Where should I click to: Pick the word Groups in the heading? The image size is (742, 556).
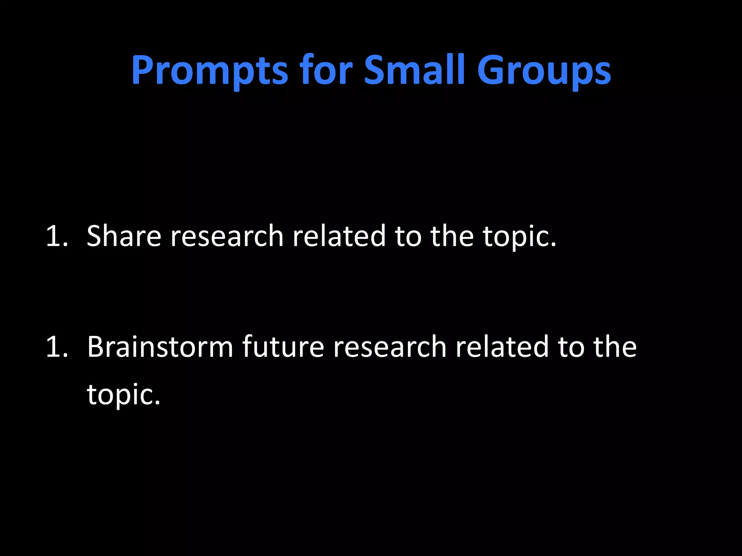544,71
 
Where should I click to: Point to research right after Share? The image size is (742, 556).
227,236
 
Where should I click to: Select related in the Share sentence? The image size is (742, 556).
339,236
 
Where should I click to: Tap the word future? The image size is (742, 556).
283,347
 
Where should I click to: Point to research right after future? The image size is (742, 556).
389,347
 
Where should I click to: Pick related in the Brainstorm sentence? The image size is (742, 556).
502,347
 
